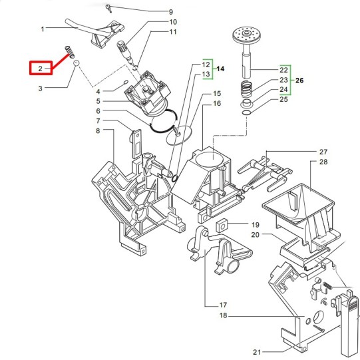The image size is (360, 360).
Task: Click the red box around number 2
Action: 30,68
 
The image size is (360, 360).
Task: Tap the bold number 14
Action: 220,69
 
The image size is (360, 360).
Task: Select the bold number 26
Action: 299,81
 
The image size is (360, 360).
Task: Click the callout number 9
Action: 170,12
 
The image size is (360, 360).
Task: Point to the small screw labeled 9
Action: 108,8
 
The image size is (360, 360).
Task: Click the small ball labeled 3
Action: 77,63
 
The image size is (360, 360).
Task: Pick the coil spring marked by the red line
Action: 69,51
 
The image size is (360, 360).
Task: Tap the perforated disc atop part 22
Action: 246,35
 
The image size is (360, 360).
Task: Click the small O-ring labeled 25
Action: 246,112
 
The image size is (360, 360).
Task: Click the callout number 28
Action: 323,162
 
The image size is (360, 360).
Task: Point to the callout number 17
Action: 223,305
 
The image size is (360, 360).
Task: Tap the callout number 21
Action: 257,352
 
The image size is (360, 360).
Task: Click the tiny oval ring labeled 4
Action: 126,83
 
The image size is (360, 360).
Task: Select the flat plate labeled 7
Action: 136,144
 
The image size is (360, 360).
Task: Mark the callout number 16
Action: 217,104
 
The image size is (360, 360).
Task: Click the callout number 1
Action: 43,29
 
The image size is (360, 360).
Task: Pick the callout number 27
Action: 323,152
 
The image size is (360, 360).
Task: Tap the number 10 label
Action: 173,22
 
